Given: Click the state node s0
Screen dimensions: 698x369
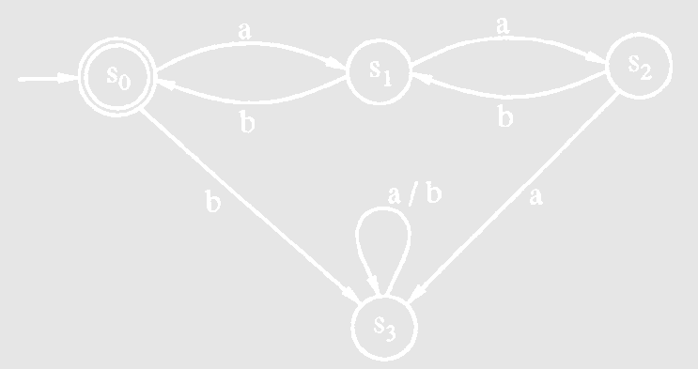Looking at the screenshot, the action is tap(116, 77).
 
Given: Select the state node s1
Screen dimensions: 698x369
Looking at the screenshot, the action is tap(379, 72).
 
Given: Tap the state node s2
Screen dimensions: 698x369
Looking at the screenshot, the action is tap(639, 65).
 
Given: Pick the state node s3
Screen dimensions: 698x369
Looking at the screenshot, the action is tap(383, 328).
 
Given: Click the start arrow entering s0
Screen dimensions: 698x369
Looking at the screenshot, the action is tap(48, 79).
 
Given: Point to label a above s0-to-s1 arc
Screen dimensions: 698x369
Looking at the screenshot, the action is tap(244, 31).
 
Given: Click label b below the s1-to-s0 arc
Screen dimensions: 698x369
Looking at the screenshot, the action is tap(247, 121).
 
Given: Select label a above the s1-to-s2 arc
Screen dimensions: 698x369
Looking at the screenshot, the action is tap(503, 25).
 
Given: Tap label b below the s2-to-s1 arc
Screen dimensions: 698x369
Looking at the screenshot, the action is tap(505, 115).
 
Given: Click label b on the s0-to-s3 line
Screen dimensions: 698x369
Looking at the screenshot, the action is tap(213, 201).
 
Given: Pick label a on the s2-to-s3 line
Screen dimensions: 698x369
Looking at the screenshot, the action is tap(536, 197).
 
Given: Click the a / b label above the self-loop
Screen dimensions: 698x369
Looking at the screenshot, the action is tap(414, 193).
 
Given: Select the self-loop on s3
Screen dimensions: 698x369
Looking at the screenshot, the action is tap(383, 208).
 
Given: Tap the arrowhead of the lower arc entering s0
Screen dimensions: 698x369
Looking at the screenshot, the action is tap(164, 85).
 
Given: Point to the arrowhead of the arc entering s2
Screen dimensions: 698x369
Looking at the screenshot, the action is tap(596, 57).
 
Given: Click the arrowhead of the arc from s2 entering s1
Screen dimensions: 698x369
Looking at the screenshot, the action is tap(422, 79).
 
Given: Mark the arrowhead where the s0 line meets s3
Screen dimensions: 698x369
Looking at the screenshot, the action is tap(351, 295).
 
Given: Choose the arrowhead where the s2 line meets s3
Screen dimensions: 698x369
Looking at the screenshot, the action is tap(416, 294).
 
